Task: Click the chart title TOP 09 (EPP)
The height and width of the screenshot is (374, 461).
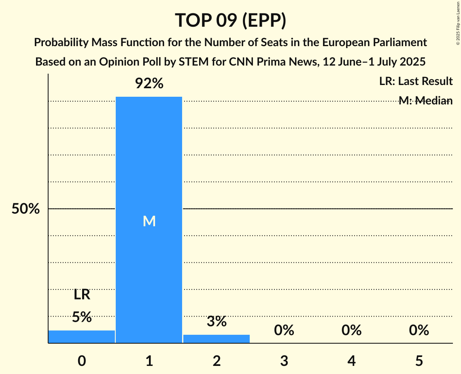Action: [230, 20]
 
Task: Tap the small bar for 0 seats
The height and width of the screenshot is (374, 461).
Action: [82, 337]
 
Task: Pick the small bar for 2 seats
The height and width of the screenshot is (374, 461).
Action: [217, 339]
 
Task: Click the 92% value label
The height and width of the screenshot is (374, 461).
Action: [149, 84]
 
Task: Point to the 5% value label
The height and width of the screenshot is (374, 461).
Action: [82, 317]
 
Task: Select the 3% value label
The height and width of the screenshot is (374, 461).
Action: [217, 321]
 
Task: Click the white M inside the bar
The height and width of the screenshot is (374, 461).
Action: [149, 221]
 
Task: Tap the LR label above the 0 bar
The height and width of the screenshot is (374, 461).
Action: [82, 295]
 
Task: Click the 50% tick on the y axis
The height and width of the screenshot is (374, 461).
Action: [25, 209]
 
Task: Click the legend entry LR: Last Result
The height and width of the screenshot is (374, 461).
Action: [416, 81]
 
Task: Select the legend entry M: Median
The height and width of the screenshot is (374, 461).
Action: [425, 101]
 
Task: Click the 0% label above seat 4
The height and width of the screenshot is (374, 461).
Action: [351, 331]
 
